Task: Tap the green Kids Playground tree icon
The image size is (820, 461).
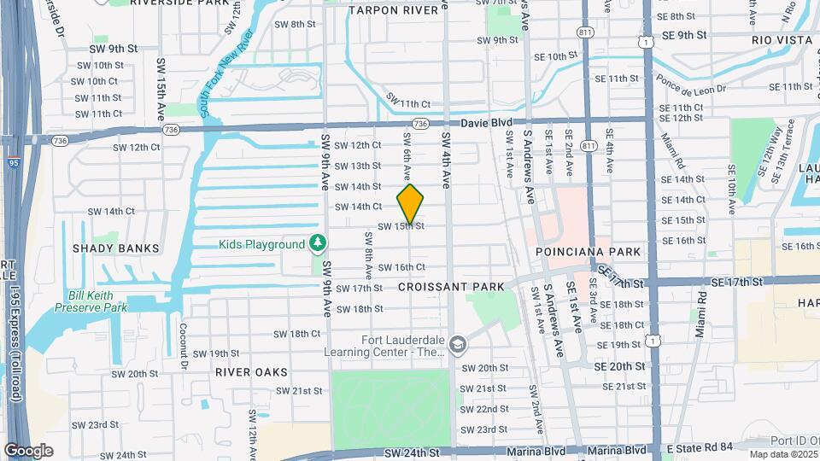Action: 319,244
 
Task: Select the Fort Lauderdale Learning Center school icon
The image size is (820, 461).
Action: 458,344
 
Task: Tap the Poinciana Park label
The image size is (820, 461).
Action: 588,252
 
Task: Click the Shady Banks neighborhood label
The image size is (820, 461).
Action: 115,248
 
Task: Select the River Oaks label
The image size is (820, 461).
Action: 251,372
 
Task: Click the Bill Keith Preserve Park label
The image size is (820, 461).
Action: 97,301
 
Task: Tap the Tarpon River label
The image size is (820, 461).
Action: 398,10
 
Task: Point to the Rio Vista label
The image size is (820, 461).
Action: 780,40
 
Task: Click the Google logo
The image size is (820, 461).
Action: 28,450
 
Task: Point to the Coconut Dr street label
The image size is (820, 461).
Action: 183,334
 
